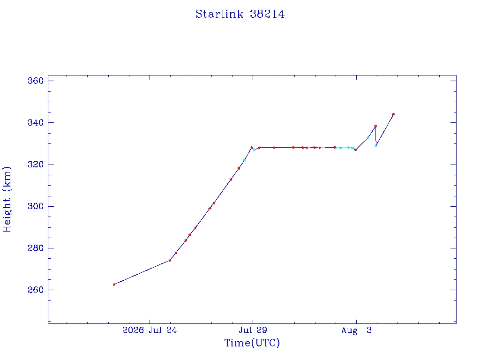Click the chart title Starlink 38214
(x=240, y=14)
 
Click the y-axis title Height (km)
(x=7, y=199)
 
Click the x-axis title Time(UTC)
(x=252, y=343)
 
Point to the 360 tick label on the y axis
(x=36, y=81)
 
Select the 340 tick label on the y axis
(x=36, y=123)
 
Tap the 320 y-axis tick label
(x=36, y=165)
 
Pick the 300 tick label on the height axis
(x=36, y=206)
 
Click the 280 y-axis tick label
(x=36, y=248)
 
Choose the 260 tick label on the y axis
(x=36, y=290)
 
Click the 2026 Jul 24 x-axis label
(x=150, y=330)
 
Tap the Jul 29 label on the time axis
(x=253, y=330)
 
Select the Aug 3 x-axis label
(x=356, y=330)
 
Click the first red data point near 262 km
(x=114, y=285)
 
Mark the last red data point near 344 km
(x=393, y=114)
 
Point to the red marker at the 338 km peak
(x=375, y=126)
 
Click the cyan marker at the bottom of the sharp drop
(x=376, y=145)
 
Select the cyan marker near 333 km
(x=368, y=138)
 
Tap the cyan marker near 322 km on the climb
(x=244, y=160)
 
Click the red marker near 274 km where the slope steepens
(x=170, y=260)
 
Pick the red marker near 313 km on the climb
(x=231, y=180)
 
